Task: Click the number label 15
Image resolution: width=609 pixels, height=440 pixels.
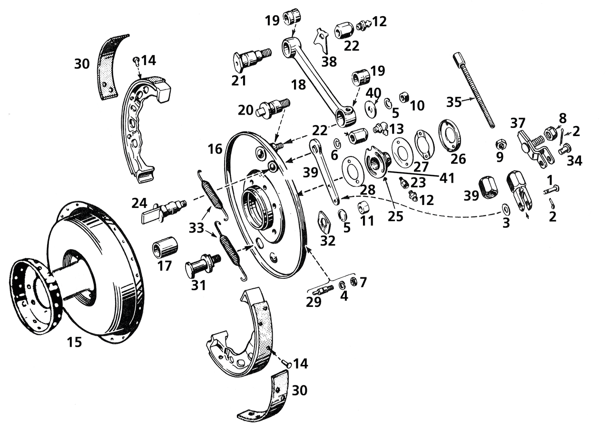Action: point(74,342)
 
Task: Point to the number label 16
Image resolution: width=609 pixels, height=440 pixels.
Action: point(215,149)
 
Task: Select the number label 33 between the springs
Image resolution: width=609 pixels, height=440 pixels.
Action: point(196,228)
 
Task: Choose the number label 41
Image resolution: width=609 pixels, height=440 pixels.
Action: point(447,178)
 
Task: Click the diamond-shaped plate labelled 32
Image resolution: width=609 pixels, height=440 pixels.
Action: point(325,222)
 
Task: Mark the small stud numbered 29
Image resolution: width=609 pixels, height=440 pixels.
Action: point(323,290)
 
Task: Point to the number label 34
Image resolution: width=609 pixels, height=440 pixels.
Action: point(574,161)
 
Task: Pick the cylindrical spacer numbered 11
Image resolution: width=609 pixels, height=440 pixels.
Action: point(364,208)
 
